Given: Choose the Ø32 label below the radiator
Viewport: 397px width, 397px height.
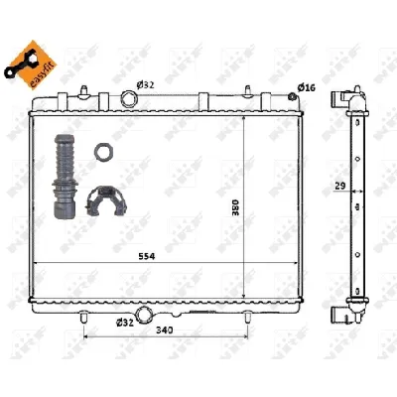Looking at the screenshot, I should [125, 322].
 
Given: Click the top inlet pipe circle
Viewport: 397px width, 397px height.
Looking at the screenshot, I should [129, 98].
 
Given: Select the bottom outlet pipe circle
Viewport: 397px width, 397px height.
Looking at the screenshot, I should [146, 316].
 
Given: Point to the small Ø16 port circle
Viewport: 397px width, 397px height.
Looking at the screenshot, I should [293, 95].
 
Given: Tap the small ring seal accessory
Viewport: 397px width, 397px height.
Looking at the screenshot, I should [101, 152].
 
